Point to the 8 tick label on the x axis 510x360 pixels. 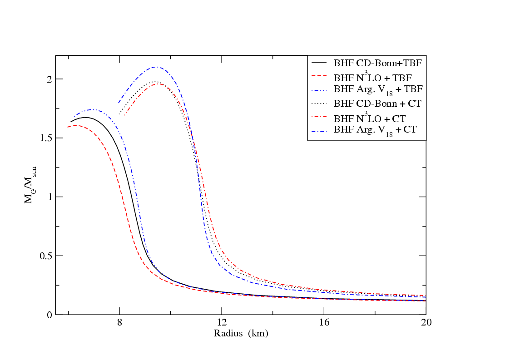[x=119, y=323]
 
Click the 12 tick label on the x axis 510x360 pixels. [x=222, y=323]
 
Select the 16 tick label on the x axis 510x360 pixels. [x=324, y=323]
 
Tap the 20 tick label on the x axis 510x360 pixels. [x=426, y=323]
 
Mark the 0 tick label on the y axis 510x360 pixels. [x=49, y=315]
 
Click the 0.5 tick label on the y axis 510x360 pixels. [x=46, y=256]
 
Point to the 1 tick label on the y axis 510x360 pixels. [x=49, y=197]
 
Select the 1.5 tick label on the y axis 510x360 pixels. [x=46, y=138]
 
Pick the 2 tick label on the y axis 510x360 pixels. [x=49, y=79]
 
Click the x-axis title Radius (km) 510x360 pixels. [x=241, y=335]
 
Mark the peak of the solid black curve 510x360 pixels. [x=84, y=117]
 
